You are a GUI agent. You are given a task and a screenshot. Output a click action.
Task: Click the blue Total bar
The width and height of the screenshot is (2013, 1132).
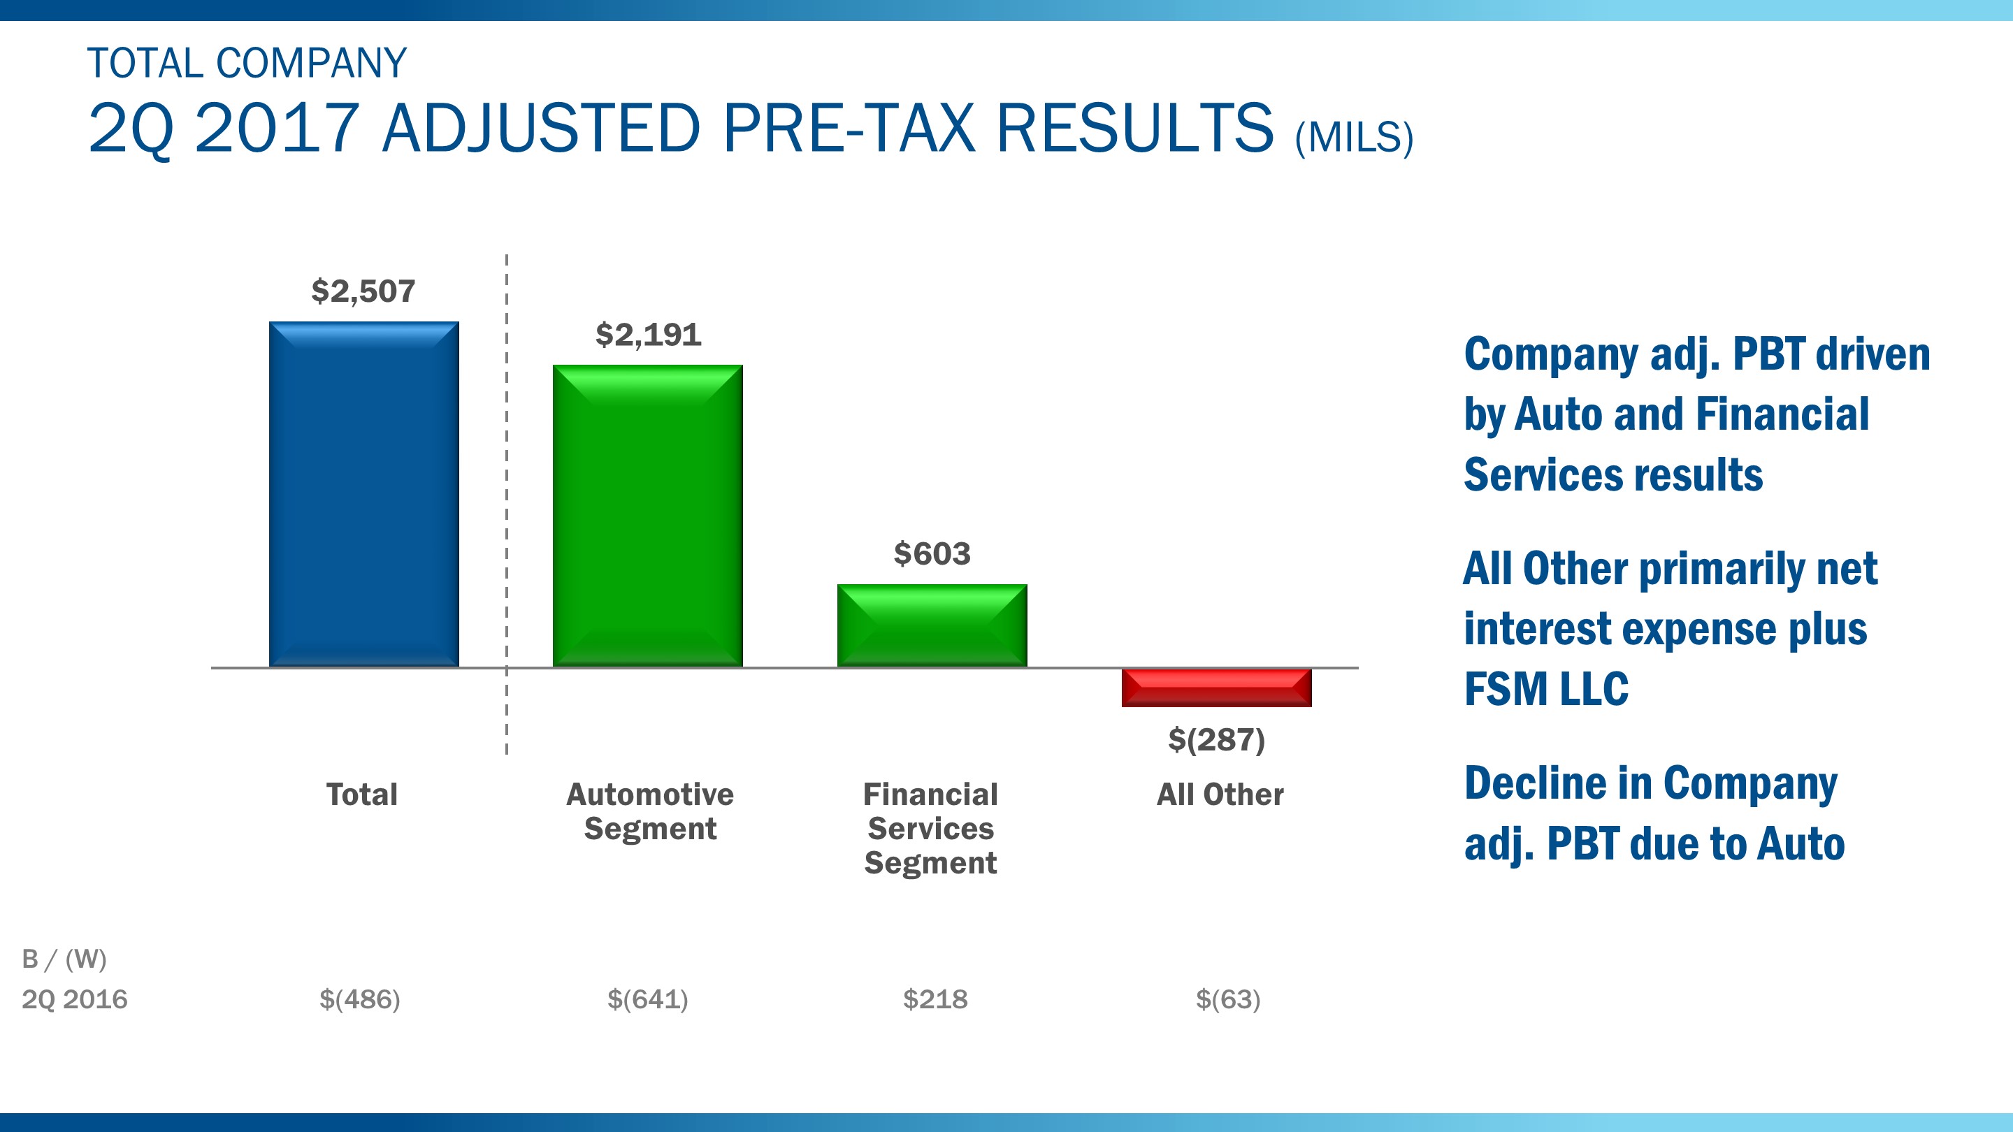point(363,494)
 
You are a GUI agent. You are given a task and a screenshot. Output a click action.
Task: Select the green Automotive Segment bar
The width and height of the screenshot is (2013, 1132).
point(647,516)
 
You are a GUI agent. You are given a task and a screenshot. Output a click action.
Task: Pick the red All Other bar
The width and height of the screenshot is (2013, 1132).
point(1216,688)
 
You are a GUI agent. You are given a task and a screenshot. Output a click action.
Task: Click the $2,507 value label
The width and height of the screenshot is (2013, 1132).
point(363,291)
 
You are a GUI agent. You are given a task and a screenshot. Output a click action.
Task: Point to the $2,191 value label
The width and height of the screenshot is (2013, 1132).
point(648,335)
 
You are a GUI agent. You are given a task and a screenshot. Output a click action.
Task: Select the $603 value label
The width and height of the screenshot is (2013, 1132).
point(932,554)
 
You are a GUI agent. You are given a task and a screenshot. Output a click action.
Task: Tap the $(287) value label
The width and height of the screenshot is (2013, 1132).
point(1216,739)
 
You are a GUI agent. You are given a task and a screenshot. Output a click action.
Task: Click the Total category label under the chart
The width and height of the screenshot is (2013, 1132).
point(362,794)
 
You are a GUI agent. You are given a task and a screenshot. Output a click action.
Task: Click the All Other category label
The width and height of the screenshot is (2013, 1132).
point(1219,794)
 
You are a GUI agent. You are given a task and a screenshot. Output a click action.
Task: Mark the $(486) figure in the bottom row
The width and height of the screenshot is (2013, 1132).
point(359,999)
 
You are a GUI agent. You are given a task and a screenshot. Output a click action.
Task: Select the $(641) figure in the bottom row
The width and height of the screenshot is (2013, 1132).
point(647,999)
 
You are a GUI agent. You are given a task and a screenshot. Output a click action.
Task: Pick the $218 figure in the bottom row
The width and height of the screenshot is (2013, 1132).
point(935,999)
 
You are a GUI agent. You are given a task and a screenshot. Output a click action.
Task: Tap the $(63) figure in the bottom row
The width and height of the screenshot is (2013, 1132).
point(1227,999)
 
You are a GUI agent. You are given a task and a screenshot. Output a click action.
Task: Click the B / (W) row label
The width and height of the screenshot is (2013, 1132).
point(64,959)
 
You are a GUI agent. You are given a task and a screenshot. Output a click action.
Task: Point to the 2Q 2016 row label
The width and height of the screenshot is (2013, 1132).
point(74,999)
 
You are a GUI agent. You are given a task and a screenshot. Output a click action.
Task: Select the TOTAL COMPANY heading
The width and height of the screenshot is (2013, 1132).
point(247,64)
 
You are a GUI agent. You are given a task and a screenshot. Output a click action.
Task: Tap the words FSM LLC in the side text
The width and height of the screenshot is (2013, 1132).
point(1545,689)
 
